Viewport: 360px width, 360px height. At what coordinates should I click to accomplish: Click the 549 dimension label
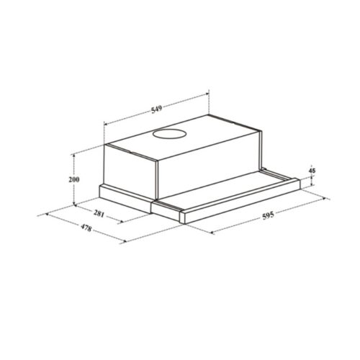coord(156,109)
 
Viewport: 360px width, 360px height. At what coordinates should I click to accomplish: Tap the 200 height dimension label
coord(74,179)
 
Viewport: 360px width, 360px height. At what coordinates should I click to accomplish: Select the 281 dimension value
coord(99,214)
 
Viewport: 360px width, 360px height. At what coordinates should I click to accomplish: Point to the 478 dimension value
coord(86,228)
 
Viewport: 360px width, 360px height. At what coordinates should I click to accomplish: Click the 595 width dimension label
coord(268,216)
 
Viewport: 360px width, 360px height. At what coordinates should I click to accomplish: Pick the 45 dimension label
coord(312,171)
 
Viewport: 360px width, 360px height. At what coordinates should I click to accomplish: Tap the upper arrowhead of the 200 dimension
coord(74,156)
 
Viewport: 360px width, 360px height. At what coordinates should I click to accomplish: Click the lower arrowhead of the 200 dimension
coord(74,204)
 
